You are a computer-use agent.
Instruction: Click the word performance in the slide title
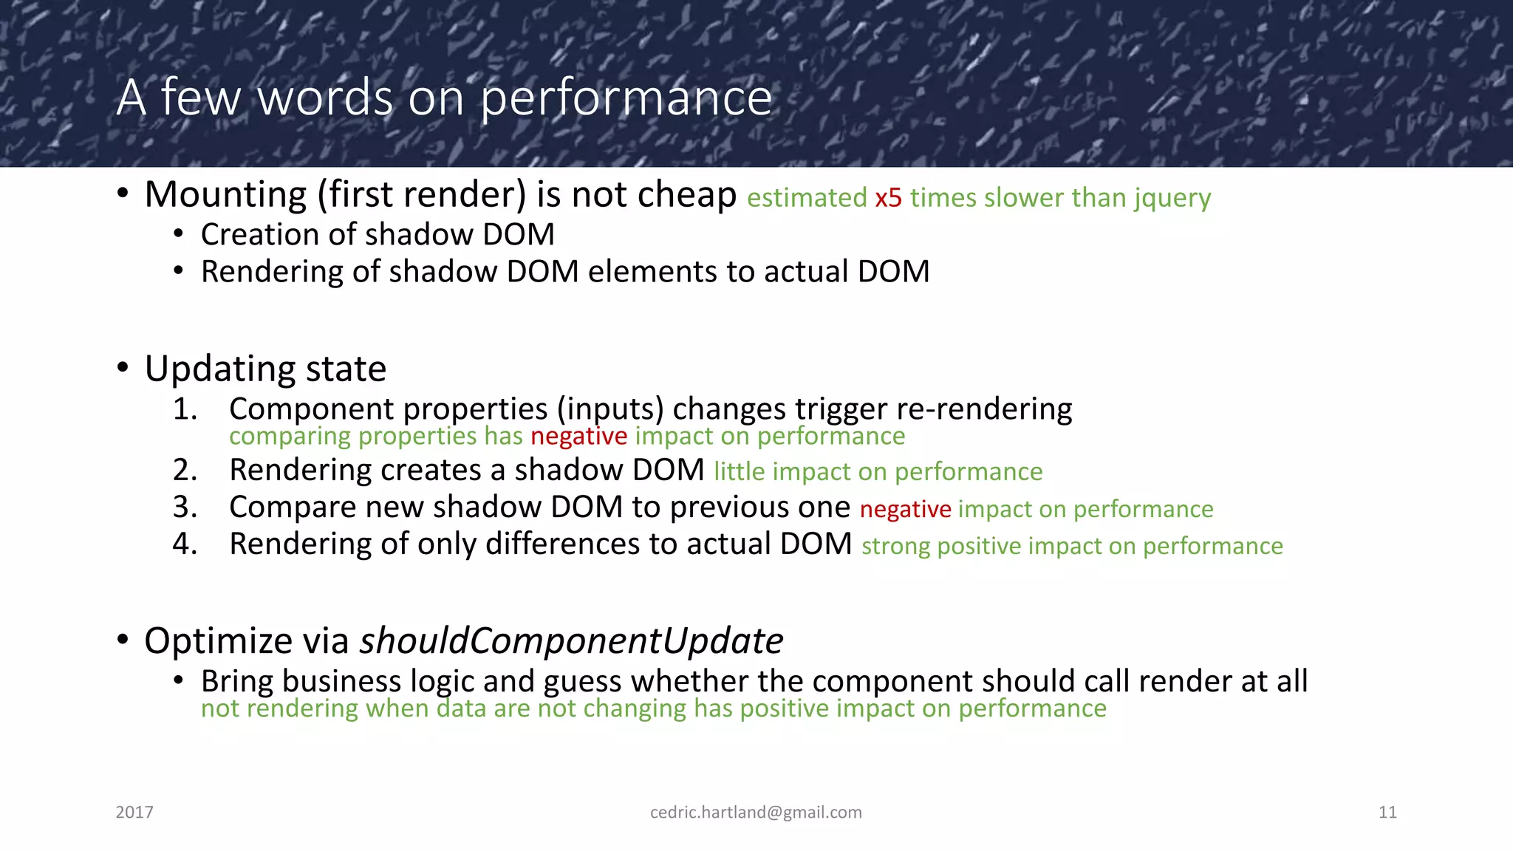[626, 98]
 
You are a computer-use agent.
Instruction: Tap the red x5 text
[888, 198]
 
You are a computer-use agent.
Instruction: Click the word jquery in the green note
[1172, 198]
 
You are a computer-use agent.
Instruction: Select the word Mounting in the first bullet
[225, 195]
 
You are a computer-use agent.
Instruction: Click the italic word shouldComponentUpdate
[571, 640]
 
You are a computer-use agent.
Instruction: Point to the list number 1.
[185, 409]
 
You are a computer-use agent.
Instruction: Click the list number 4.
[185, 544]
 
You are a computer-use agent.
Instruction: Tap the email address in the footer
[756, 812]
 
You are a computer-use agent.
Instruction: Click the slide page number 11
[1387, 812]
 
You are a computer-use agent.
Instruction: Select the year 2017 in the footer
[134, 812]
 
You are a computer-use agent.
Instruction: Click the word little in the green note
[739, 471]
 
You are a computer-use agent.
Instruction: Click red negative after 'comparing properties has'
[578, 436]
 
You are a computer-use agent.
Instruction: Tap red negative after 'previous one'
[905, 509]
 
